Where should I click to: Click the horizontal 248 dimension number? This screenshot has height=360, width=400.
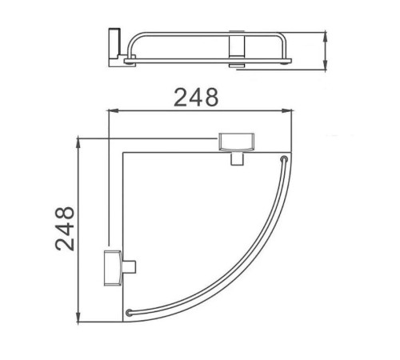point(196,98)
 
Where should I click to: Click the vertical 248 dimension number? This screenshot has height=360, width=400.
point(65,229)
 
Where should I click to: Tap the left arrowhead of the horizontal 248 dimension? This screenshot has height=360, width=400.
point(113,111)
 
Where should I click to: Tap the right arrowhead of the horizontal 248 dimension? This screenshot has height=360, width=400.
point(287,111)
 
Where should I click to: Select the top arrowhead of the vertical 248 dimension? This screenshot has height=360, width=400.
point(78,144)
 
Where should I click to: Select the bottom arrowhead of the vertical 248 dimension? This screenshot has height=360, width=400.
point(78,317)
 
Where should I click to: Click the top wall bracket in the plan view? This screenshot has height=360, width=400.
point(236,142)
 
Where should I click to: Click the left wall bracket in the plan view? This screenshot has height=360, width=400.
point(113,268)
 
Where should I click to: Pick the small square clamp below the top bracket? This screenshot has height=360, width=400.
point(237,158)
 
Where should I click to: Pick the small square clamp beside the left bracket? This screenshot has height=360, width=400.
point(129,267)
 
